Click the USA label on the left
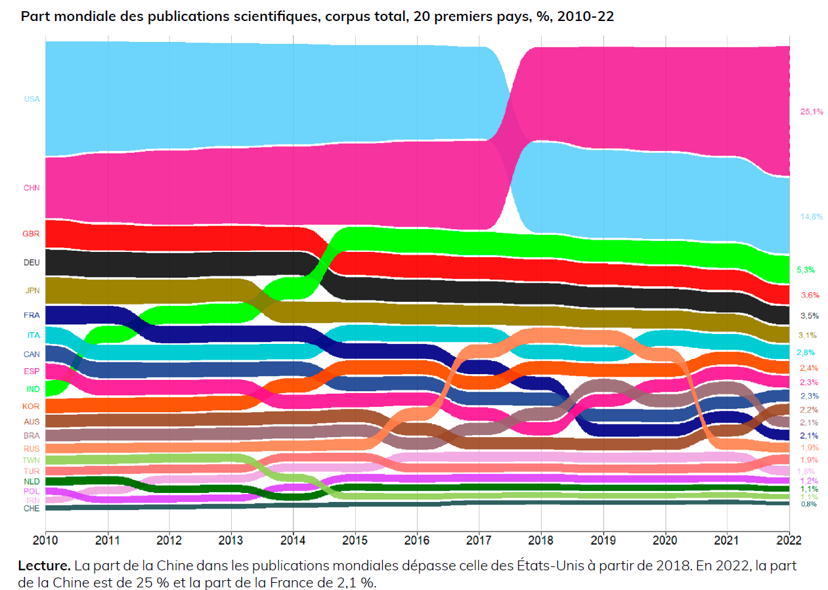click(32, 99)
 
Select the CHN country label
click(32, 188)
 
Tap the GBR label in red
click(32, 234)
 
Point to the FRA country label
click(32, 316)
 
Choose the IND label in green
click(32, 389)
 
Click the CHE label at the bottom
click(32, 508)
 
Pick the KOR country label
click(32, 407)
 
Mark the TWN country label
click(32, 460)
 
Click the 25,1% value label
click(812, 112)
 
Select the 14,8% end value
click(812, 217)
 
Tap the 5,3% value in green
click(806, 270)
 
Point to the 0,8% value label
click(808, 504)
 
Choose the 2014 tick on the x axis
click(293, 539)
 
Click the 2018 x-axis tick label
click(541, 539)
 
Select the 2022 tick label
click(789, 539)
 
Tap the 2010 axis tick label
click(45, 539)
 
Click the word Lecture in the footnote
click(43, 566)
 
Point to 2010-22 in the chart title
click(585, 16)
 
